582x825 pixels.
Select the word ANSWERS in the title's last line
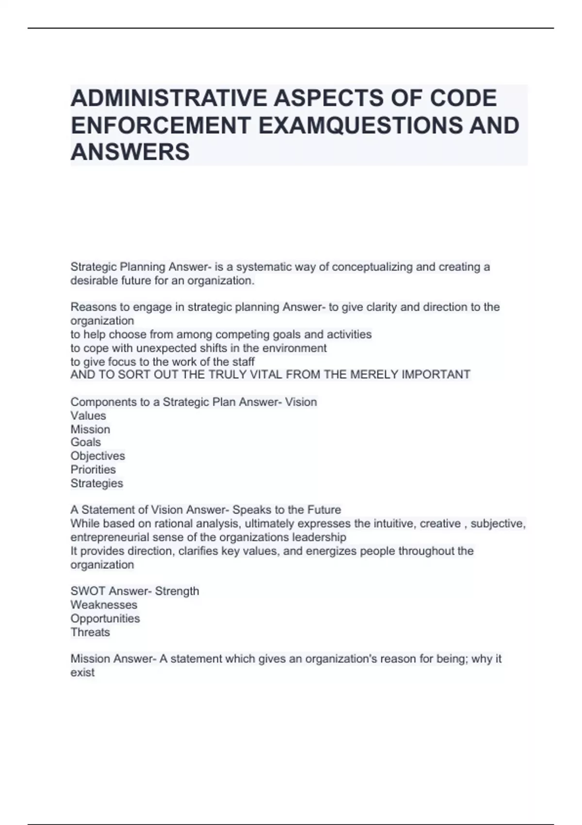(x=130, y=152)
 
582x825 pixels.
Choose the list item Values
(x=88, y=416)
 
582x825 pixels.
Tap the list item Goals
(x=86, y=442)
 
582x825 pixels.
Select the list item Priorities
(x=93, y=469)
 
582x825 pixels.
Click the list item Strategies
(x=97, y=483)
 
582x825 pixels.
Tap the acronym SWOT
(x=87, y=591)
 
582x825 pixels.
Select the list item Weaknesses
(x=104, y=605)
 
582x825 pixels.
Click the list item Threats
(x=90, y=632)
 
